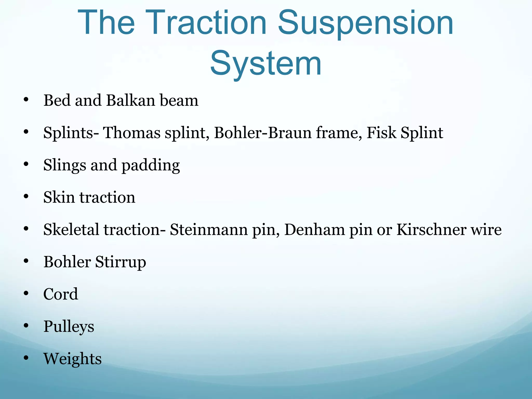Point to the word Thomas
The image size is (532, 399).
click(132, 133)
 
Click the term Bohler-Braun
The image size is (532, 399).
click(263, 133)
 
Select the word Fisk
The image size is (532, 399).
click(381, 133)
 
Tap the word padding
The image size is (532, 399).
click(151, 165)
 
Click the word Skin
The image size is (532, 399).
click(59, 197)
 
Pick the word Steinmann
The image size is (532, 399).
click(209, 230)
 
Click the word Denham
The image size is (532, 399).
click(314, 230)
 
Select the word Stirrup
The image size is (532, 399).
click(121, 262)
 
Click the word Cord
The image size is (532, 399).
click(61, 294)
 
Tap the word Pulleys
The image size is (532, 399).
click(69, 327)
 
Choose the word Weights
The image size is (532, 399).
click(72, 359)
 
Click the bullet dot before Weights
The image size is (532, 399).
click(26, 358)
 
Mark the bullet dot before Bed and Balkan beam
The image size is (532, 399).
click(26, 100)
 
